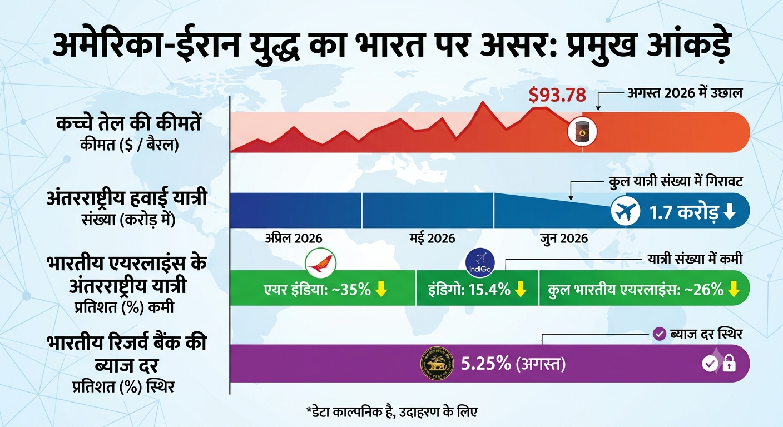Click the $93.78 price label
click(x=557, y=95)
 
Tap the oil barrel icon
click(x=582, y=132)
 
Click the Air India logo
click(x=320, y=263)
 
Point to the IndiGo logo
click(x=480, y=263)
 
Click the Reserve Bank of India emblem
click(x=437, y=364)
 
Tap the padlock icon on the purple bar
click(x=729, y=364)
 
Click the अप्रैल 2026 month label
click(x=294, y=239)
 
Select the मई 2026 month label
click(x=433, y=239)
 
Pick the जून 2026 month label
click(x=564, y=239)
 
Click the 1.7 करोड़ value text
click(x=684, y=212)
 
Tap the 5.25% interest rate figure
click(x=486, y=364)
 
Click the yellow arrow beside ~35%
click(x=381, y=289)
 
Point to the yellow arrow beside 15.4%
click(x=521, y=289)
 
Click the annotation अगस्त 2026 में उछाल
click(x=685, y=93)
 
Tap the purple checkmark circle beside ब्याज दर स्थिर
click(x=659, y=334)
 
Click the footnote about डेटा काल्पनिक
click(x=391, y=412)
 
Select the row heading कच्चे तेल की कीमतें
click(x=128, y=123)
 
